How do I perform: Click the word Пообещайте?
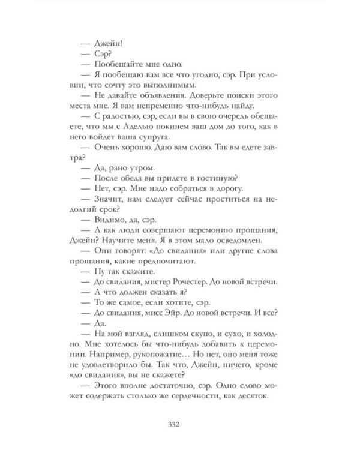click(118, 64)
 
